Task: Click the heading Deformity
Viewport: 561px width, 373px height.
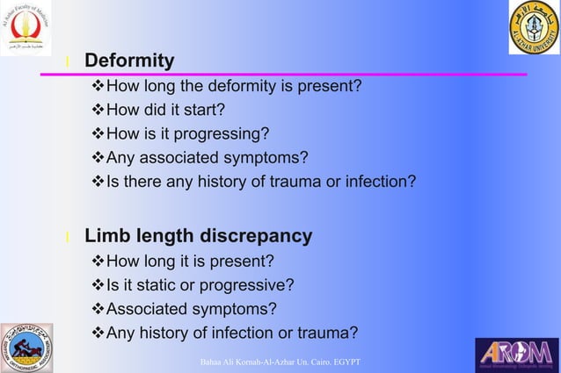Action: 128,61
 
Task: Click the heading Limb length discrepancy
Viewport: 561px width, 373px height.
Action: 198,236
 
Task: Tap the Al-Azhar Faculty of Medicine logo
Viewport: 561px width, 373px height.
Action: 26,28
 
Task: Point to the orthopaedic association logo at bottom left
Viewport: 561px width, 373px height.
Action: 26,348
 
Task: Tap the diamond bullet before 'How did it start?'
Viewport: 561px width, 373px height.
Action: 98,110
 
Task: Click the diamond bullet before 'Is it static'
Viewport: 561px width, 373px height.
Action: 98,285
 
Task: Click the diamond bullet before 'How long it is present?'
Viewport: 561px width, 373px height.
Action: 98,261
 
